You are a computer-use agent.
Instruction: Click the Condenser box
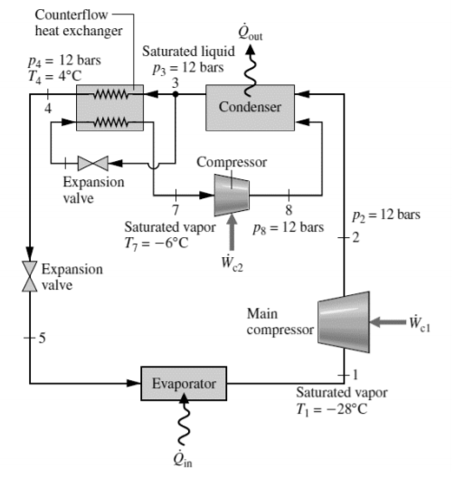[x=250, y=107]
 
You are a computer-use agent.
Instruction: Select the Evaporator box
[x=183, y=384]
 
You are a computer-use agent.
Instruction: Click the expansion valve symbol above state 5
[x=31, y=275]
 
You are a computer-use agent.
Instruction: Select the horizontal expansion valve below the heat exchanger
[x=92, y=164]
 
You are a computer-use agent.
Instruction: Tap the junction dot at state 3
[x=175, y=93]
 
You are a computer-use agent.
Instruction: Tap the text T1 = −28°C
[x=341, y=406]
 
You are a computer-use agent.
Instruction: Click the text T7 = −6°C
[x=155, y=243]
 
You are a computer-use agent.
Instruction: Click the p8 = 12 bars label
[x=289, y=225]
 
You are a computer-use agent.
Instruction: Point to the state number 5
[x=41, y=339]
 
